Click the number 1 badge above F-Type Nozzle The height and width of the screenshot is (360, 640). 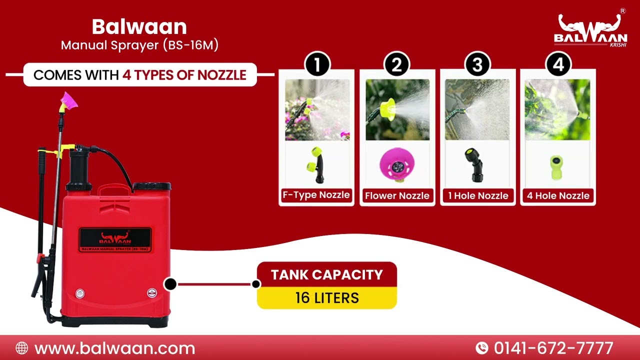(x=317, y=64)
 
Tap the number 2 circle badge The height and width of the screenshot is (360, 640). (x=397, y=64)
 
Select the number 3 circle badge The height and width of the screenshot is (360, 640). (x=477, y=64)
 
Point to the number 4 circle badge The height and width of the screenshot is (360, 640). (x=558, y=64)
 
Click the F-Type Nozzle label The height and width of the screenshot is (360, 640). (x=316, y=195)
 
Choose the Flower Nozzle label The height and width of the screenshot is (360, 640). (x=397, y=195)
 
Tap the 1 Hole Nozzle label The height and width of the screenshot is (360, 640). (x=478, y=195)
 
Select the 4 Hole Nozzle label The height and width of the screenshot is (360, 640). (x=558, y=195)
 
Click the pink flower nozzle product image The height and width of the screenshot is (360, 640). (x=397, y=165)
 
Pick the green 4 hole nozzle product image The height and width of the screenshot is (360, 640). (x=556, y=167)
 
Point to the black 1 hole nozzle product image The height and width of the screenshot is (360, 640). (x=474, y=165)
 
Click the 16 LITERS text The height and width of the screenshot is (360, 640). (x=327, y=298)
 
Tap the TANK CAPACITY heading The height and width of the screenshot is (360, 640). (x=327, y=275)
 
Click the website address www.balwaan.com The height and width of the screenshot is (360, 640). (x=114, y=348)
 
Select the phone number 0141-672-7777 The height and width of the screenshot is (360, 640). (x=553, y=348)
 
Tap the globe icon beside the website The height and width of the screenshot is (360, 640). (x=22, y=348)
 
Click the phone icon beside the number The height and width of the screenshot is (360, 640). (x=482, y=348)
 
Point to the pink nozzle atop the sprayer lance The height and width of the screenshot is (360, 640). (x=69, y=101)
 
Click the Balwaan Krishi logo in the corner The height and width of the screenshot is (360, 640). (x=590, y=30)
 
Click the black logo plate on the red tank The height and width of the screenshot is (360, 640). (x=115, y=240)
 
